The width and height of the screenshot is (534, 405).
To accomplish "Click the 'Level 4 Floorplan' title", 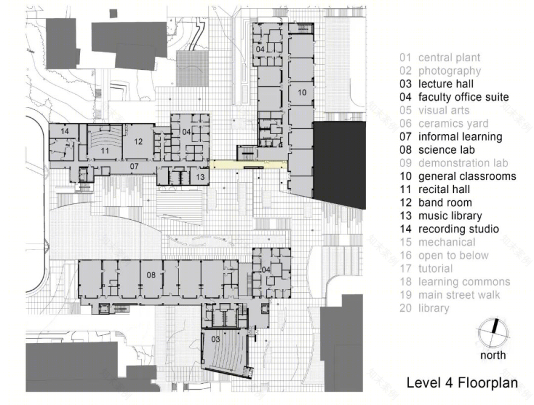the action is tap(462, 383).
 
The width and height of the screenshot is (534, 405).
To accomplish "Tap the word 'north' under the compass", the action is tap(493, 355).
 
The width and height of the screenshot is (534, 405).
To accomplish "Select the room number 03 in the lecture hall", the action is tap(215, 339).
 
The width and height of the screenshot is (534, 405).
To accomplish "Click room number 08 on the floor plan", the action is tap(151, 275).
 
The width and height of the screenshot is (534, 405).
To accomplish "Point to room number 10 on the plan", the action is tap(302, 92).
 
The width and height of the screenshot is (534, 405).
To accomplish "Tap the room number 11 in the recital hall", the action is tap(104, 151).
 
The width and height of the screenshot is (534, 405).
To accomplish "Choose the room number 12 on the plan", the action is tap(138, 141).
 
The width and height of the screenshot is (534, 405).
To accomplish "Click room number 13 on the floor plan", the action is tap(200, 177).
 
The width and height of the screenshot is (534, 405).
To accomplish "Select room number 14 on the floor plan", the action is tap(65, 131).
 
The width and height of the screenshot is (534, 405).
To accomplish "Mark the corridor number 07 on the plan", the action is tap(134, 166).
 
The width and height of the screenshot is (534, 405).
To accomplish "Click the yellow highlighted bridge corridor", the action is tap(248, 165).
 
